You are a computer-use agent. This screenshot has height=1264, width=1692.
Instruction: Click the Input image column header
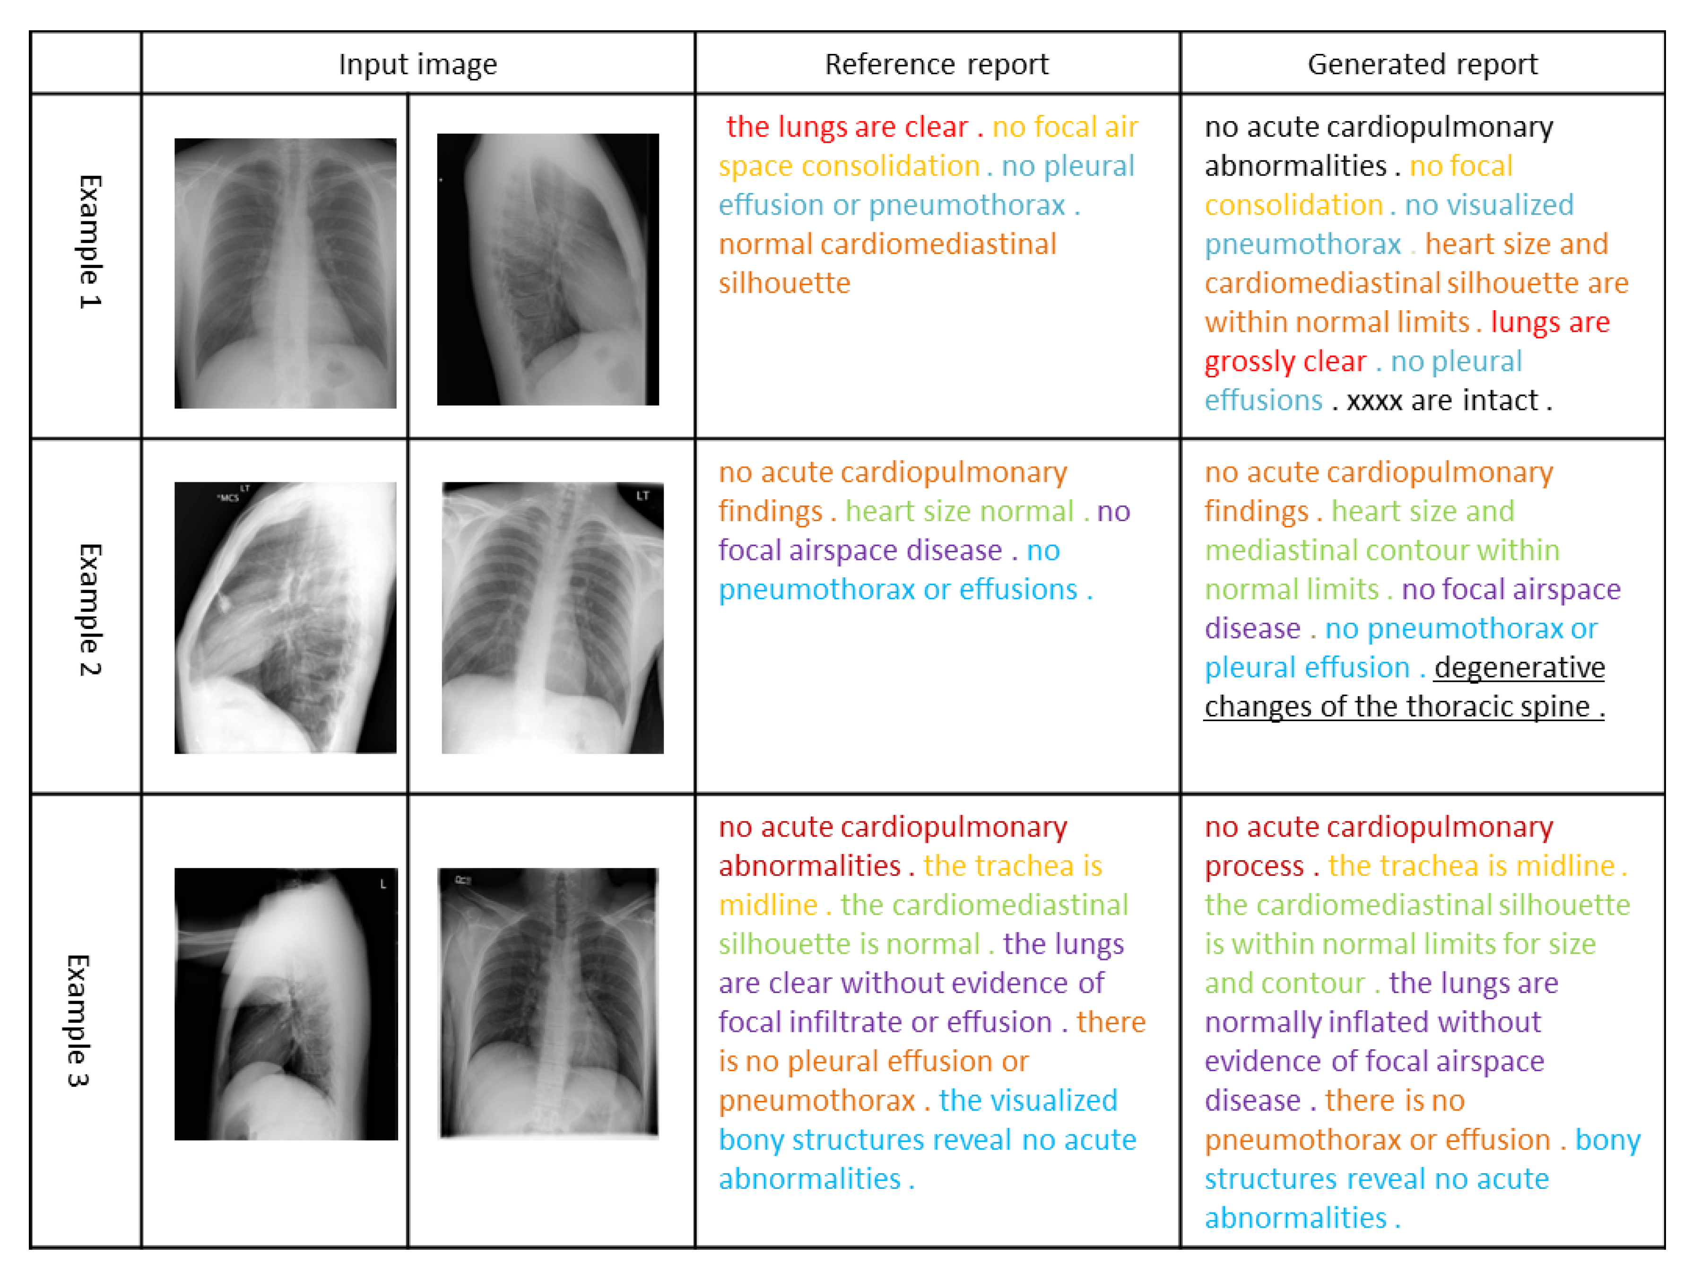[x=417, y=64]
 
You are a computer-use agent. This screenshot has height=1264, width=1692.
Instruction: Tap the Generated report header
[x=1422, y=64]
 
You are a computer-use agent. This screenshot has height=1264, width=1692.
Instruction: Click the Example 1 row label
[x=89, y=242]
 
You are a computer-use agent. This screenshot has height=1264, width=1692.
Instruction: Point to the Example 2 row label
[x=89, y=610]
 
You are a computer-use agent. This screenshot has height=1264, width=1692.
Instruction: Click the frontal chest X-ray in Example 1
[x=286, y=273]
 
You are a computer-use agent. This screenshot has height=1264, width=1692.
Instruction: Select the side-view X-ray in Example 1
[x=547, y=270]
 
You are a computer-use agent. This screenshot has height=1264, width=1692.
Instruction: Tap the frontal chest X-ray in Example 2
[x=552, y=618]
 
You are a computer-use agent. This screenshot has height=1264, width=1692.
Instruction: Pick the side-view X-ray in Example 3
[x=286, y=1004]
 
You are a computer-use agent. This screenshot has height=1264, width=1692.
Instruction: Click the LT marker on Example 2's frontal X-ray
[x=642, y=496]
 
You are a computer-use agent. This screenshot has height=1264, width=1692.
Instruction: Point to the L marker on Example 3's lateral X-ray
[x=382, y=884]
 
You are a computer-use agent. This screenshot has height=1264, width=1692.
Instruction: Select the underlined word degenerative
[x=1519, y=667]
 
